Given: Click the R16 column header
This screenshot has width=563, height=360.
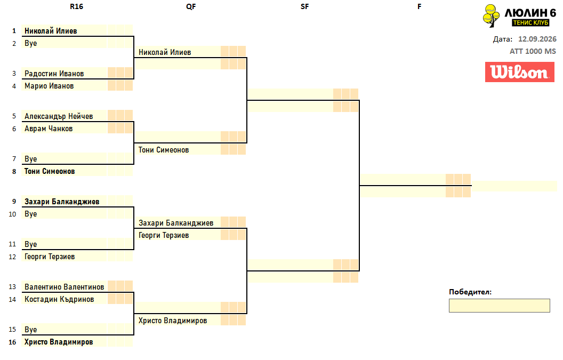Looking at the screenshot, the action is [x=76, y=6].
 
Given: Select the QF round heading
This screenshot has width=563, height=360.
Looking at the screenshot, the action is [x=191, y=6].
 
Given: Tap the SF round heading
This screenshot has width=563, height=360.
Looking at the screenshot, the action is [x=304, y=6].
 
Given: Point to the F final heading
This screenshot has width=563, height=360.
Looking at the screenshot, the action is [x=419, y=6].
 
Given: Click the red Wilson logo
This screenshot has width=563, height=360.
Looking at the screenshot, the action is [x=520, y=72].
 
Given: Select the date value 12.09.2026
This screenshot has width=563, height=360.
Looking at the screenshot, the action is [x=537, y=39].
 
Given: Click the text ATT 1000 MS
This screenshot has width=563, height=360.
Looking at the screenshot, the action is [x=533, y=51].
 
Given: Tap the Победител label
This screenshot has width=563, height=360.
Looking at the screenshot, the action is [x=470, y=292].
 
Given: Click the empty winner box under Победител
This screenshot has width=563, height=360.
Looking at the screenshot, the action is [x=499, y=306].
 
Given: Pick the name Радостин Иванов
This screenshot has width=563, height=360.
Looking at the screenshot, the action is [x=54, y=74].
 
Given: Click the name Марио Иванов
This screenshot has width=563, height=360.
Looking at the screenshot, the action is [x=49, y=86].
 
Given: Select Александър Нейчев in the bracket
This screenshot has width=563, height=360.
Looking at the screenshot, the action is [x=59, y=116].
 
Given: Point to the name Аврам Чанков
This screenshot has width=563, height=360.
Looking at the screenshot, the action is [x=49, y=129].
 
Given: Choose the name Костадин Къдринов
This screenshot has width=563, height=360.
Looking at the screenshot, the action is [x=59, y=299].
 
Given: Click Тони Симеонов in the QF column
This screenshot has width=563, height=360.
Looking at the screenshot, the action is [x=164, y=150].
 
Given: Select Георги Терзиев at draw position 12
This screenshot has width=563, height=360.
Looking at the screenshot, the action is [x=50, y=257].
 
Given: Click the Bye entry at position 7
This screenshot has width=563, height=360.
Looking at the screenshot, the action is [x=30, y=159].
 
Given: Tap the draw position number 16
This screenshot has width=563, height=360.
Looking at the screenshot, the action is [x=12, y=342].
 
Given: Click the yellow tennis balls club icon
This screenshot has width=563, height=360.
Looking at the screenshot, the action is [x=491, y=15].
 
